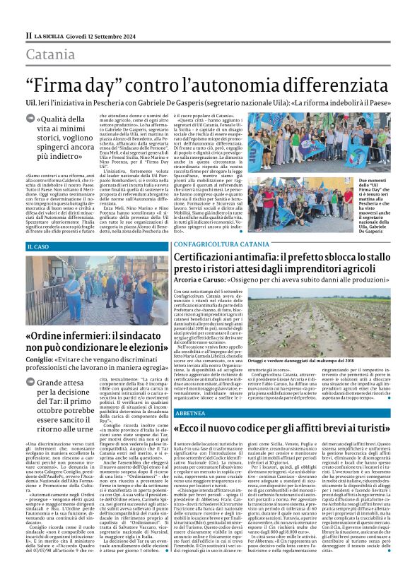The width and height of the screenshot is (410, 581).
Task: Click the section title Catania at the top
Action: (x=51, y=55)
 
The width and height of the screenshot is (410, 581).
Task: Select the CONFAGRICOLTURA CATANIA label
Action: (x=211, y=244)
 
